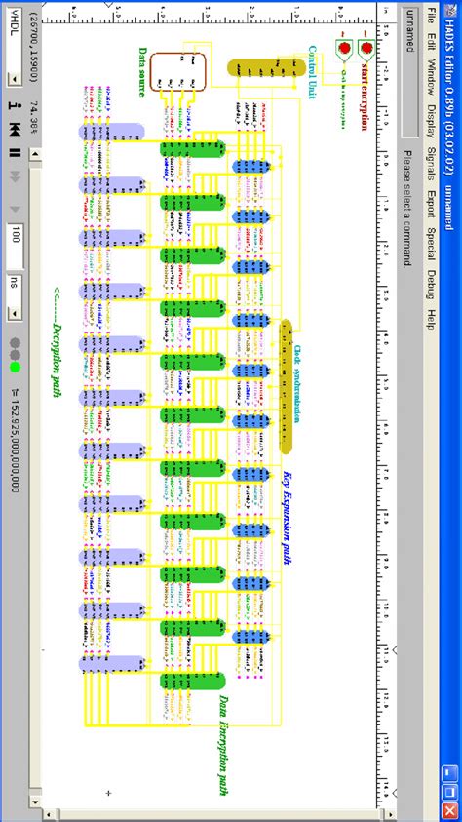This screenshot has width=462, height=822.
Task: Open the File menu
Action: click(432, 19)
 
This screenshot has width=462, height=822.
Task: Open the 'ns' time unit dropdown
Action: click(17, 312)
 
